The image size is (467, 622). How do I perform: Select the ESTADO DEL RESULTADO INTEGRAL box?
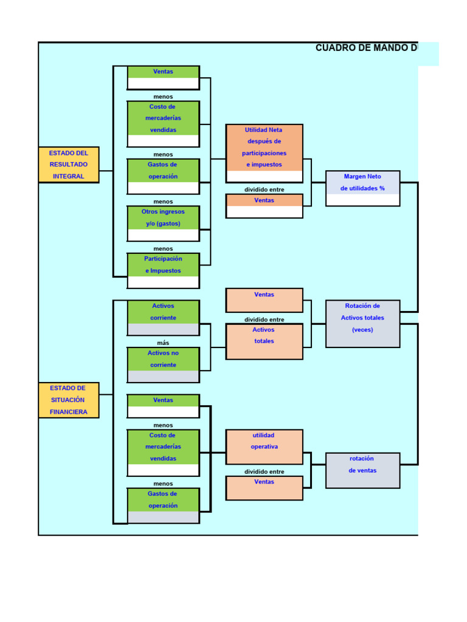pyautogui.click(x=69, y=165)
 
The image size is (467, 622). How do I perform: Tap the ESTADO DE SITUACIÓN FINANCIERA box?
pyautogui.click(x=69, y=400)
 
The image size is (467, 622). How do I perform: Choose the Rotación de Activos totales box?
pyautogui.click(x=362, y=323)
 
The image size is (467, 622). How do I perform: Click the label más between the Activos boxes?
pyautogui.click(x=163, y=343)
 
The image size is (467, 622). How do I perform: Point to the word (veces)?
pyautogui.click(x=362, y=330)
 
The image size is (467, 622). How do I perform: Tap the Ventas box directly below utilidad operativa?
pyautogui.click(x=264, y=487)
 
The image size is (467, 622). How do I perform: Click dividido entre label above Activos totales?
pyautogui.click(x=264, y=320)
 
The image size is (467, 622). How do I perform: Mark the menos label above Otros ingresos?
pyautogui.click(x=163, y=202)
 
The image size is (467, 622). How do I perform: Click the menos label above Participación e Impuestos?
pyautogui.click(x=163, y=248)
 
